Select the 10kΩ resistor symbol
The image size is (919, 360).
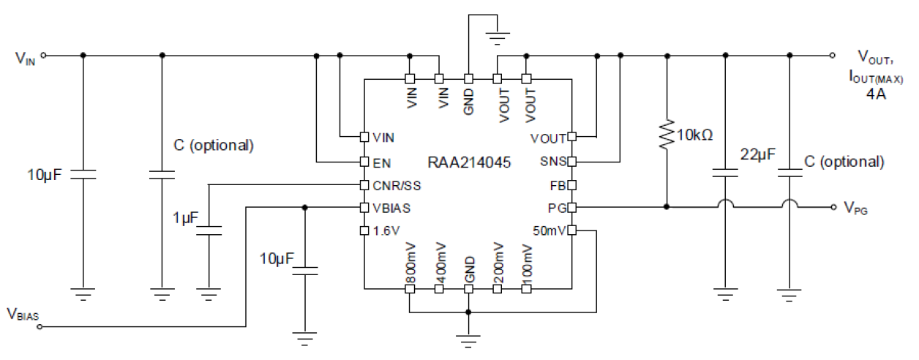pos(666,135)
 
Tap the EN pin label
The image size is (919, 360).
pos(380,161)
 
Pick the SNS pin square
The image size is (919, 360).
pos(571,161)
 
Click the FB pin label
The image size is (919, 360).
pos(557,184)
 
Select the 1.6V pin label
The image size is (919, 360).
pos(386,231)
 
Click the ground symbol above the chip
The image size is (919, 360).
pos(498,33)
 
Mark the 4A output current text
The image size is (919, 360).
pos(876,93)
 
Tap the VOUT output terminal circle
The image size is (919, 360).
pos(833,55)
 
